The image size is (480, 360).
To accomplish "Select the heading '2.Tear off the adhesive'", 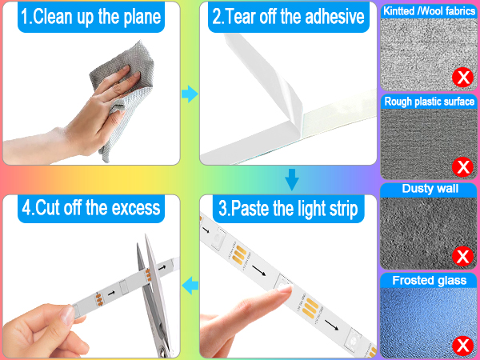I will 286,17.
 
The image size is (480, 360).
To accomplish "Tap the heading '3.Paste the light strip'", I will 287,209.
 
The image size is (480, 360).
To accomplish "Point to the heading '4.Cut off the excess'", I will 92,209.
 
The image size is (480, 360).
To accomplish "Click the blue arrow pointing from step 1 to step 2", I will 190,95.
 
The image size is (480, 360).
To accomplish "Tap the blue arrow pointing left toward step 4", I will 190,284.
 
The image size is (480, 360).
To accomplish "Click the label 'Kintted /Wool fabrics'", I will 429,11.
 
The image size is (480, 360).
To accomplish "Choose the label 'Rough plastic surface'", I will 429,102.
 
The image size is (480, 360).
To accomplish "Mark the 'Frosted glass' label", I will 429,281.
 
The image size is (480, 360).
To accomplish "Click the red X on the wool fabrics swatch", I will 462,78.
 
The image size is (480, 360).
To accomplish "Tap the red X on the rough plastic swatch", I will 462,167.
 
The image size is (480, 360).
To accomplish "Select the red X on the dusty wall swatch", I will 462,257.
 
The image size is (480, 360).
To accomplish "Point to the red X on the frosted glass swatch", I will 462,346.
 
